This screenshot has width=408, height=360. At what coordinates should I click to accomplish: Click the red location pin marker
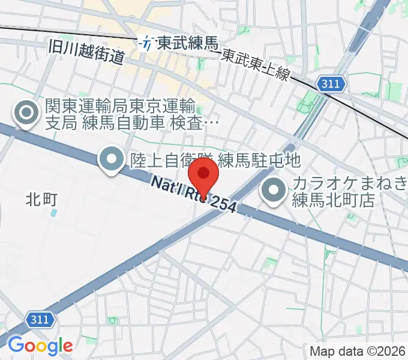pos(203,176)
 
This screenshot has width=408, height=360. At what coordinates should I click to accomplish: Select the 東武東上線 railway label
pos(256,61)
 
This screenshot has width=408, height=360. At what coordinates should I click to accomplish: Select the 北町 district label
pos(41,199)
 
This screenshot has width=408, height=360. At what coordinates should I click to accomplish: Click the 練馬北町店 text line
pos(333,200)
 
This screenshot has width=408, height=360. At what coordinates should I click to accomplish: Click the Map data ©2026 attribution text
pos(358,351)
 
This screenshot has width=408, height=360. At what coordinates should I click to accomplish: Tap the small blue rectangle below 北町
pos(55,212)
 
